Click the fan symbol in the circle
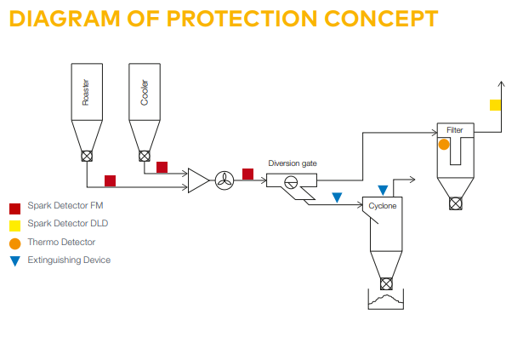point(225,179)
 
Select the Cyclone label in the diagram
point(383,205)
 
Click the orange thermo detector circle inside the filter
point(444,145)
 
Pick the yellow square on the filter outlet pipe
point(495,105)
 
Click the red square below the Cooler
point(162,167)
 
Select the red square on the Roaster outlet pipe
point(111,180)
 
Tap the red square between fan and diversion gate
point(248,174)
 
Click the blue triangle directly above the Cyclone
point(383,190)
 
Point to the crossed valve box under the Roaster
point(86,156)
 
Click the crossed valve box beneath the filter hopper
point(456,203)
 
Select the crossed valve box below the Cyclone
point(385,284)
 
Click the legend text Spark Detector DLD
point(68,224)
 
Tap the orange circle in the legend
point(14,243)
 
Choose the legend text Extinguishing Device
point(69,260)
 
